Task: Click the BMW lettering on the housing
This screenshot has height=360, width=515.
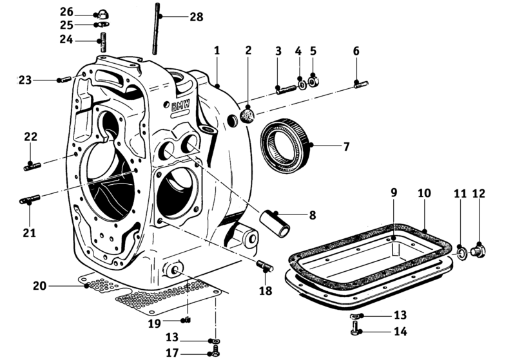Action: point(181,106)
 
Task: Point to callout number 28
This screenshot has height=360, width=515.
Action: point(197,17)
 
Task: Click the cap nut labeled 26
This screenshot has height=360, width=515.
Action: point(102,15)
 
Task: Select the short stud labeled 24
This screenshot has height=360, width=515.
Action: point(102,42)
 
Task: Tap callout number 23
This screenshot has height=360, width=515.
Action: point(25,80)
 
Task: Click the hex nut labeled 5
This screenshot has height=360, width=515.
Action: point(314,82)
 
